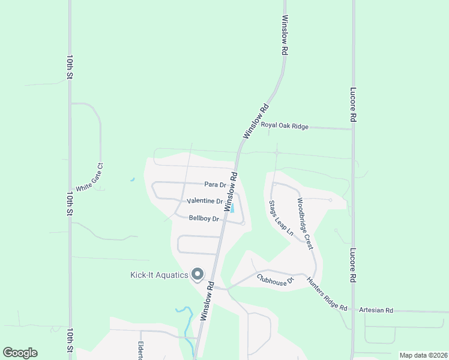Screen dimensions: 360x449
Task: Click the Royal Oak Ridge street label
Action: [x=285, y=126]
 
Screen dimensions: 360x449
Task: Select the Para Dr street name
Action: [x=215, y=185]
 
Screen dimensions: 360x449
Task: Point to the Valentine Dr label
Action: [x=205, y=201]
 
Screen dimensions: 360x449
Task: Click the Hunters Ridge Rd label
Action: [x=327, y=294]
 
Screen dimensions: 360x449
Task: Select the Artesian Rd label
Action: [x=376, y=310]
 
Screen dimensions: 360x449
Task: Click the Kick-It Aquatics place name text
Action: [x=159, y=275]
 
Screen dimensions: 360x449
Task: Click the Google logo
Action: [x=20, y=353]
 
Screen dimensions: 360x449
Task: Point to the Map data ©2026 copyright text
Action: [x=423, y=355]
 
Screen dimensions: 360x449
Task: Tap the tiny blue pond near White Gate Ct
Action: [x=131, y=179]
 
